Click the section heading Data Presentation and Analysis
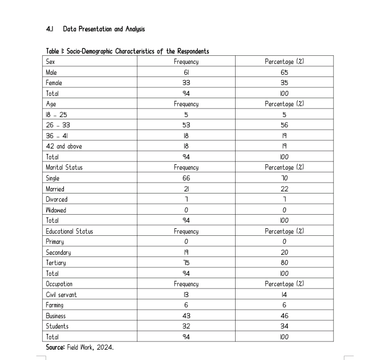[103, 29]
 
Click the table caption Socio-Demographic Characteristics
[127, 52]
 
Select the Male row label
[51, 72]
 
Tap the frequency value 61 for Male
[186, 72]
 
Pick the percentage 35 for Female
[284, 83]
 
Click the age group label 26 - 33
[58, 125]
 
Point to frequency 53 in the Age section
[186, 125]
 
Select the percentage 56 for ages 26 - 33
[284, 125]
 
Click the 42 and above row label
[64, 146]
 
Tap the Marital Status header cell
[64, 168]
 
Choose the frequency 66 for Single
[186, 178]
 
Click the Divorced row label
[57, 200]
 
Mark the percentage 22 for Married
[284, 189]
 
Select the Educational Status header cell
[69, 232]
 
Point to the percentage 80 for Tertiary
[284, 263]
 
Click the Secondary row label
[58, 253]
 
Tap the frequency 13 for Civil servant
[186, 295]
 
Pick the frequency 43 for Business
[186, 316]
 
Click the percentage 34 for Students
[284, 326]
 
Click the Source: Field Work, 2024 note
[80, 348]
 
